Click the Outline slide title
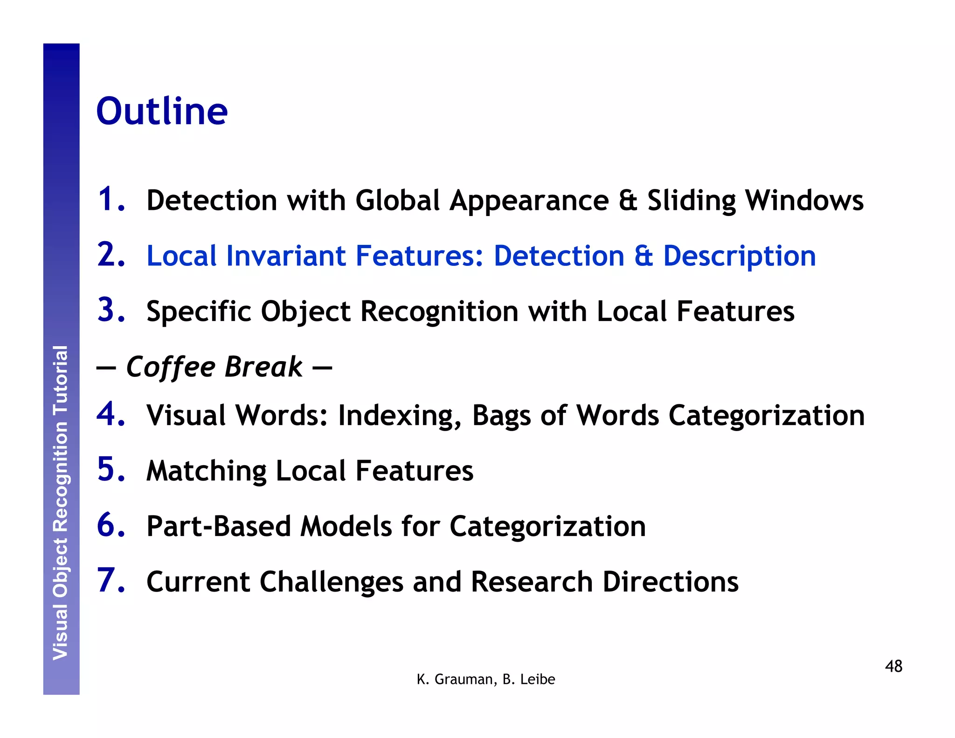tap(162, 111)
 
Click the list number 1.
tap(111, 200)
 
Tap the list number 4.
tap(111, 414)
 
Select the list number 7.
tap(111, 581)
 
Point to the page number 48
tap(893, 666)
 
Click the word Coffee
tap(170, 367)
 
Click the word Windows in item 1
tap(804, 201)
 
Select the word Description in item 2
tap(739, 256)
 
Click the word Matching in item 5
tap(206, 471)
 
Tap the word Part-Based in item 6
tap(219, 526)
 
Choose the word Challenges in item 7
tap(331, 582)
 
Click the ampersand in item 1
tap(628, 201)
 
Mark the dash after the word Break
tap(322, 368)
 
